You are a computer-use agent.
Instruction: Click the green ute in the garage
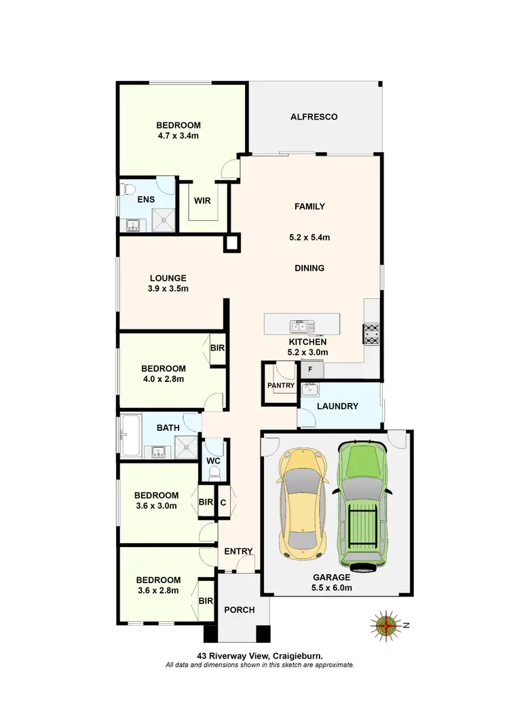[362, 504]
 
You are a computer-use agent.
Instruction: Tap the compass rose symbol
[386, 625]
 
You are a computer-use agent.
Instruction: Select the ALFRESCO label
[314, 117]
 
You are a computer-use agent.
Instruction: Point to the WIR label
[202, 201]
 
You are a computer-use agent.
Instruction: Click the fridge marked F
[311, 369]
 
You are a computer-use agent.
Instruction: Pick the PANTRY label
[281, 386]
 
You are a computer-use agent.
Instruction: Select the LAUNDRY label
[338, 406]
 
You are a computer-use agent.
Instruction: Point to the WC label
[214, 460]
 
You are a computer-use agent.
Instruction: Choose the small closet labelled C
[223, 503]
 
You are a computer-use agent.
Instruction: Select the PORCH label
[239, 610]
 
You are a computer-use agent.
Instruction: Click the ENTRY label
[238, 551]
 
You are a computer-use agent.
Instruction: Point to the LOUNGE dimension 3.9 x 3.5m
[168, 288]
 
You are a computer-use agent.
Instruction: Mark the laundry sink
[309, 389]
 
